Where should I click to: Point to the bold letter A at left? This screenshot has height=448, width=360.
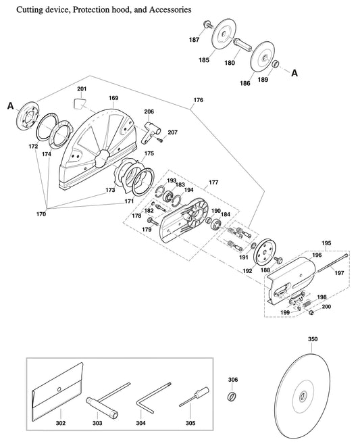click(x=11, y=105)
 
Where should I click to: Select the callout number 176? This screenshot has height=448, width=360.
click(x=197, y=101)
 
